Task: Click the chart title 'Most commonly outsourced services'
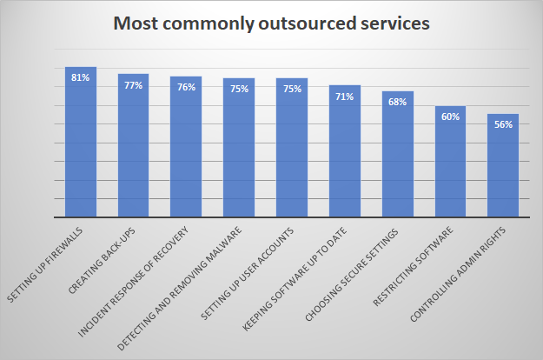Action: (x=271, y=25)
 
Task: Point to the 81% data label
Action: (x=81, y=77)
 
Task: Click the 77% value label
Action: (x=133, y=85)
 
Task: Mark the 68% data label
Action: (x=397, y=103)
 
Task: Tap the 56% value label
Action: (x=503, y=124)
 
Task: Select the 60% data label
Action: (x=450, y=117)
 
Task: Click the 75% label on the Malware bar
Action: (x=239, y=89)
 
